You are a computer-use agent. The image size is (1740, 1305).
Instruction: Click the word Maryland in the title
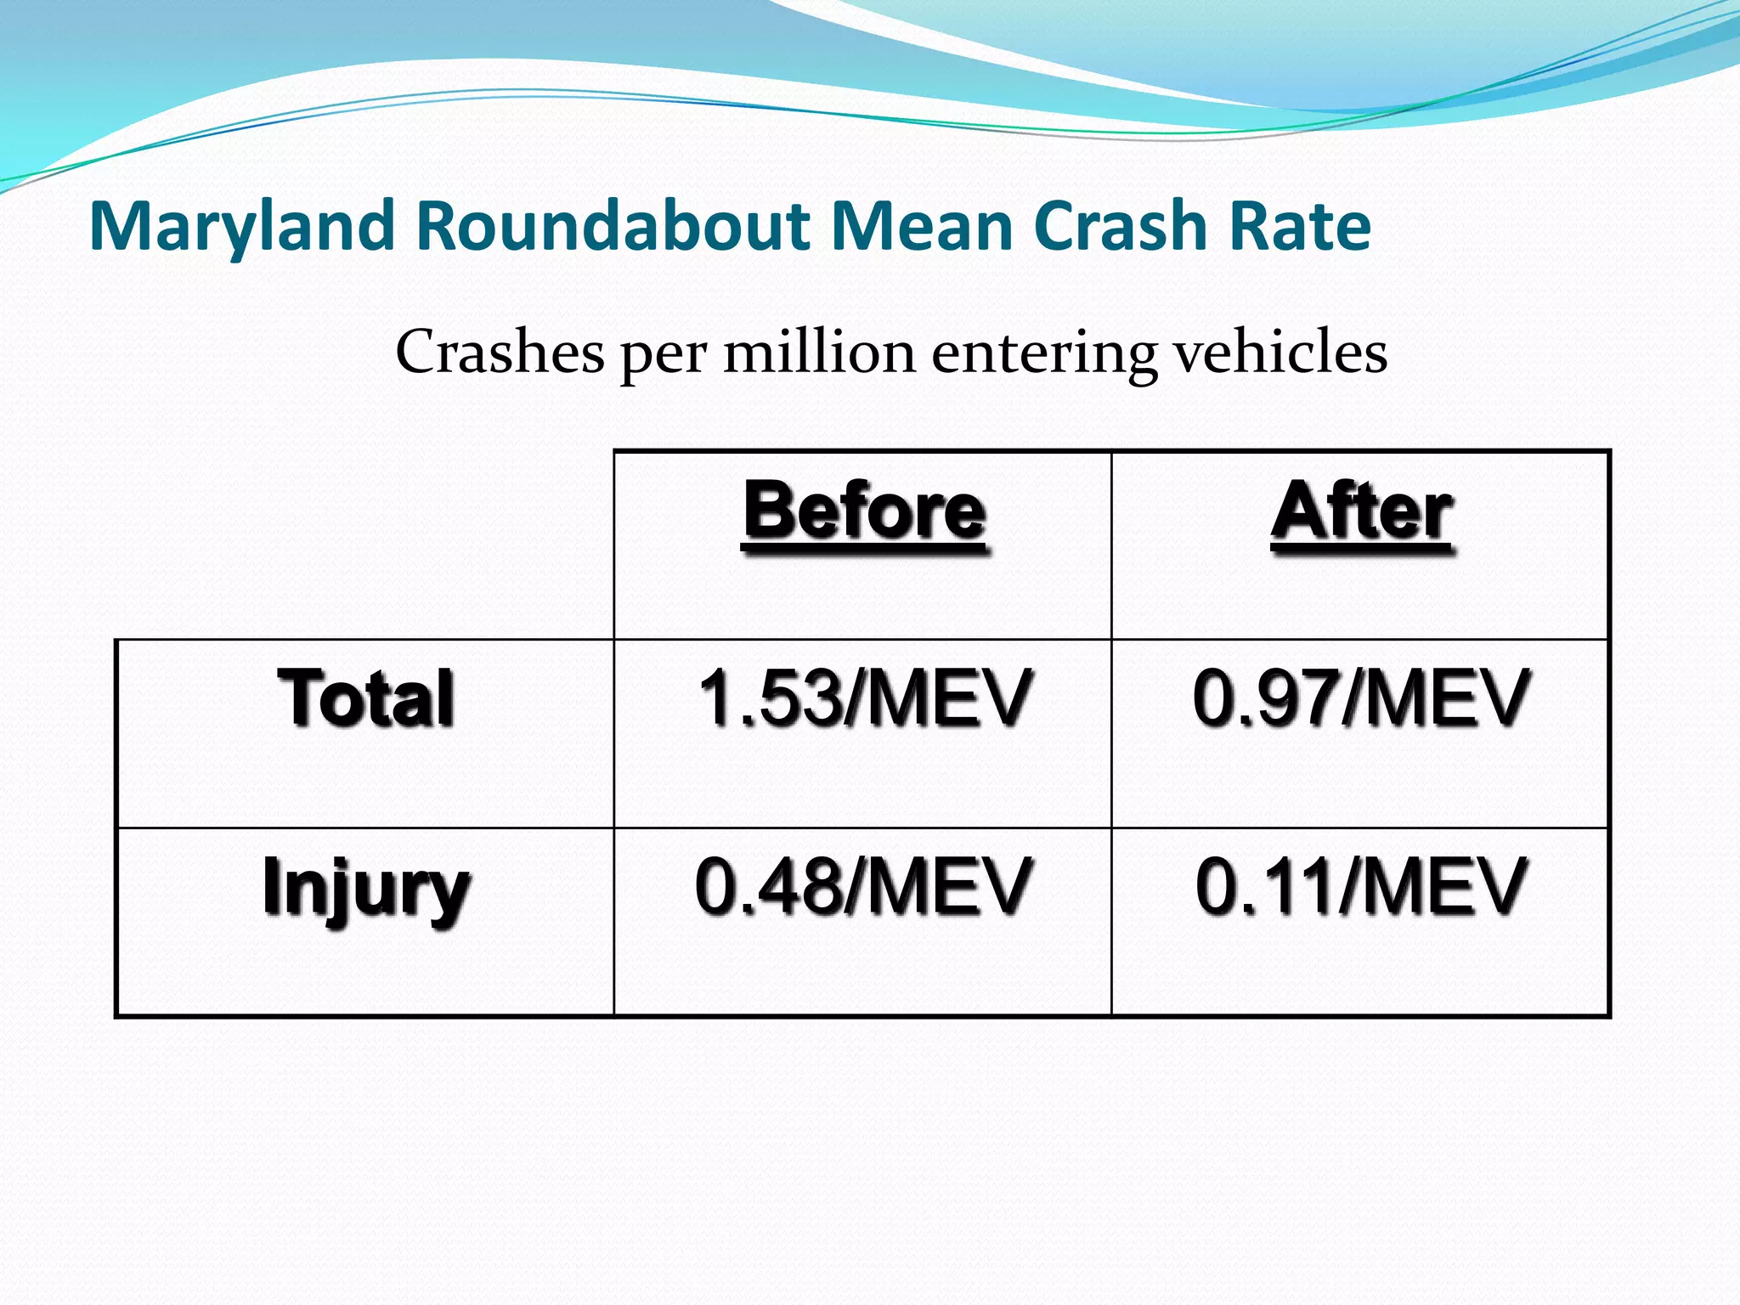(x=242, y=226)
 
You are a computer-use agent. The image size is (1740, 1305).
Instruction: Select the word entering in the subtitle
(x=1044, y=353)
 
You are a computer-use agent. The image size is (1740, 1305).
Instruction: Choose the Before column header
(x=864, y=511)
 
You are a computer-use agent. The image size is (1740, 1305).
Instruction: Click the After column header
(x=1362, y=511)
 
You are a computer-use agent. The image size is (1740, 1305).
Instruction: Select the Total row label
(x=366, y=698)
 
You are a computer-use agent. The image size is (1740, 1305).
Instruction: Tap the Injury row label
(x=366, y=889)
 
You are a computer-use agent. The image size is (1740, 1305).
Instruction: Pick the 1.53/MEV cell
(x=864, y=698)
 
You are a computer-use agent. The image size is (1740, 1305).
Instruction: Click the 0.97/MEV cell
(x=1361, y=698)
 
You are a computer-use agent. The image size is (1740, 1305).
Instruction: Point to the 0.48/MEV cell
(x=863, y=887)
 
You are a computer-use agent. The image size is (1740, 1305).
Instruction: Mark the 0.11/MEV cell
(x=1361, y=887)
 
